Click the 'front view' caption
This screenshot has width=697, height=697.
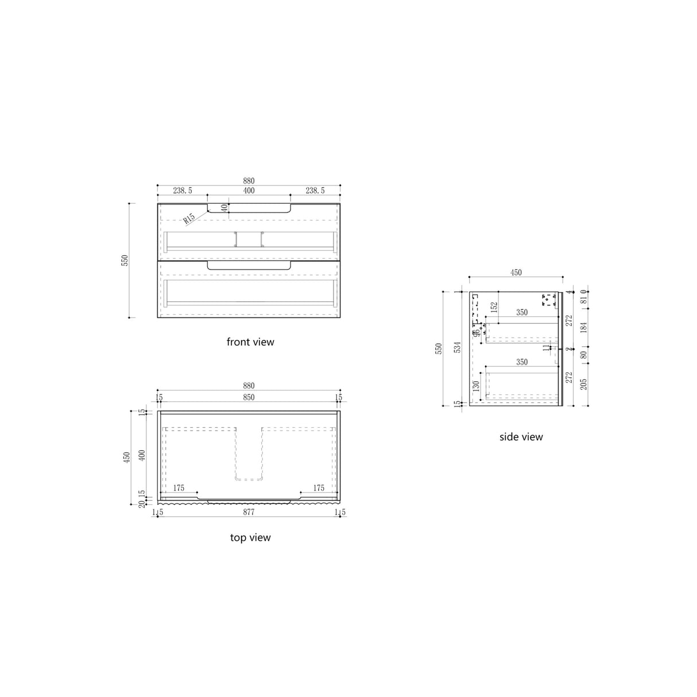[250, 342]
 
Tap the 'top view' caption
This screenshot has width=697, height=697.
[250, 538]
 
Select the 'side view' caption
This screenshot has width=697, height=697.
[521, 437]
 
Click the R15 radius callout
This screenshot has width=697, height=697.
[189, 219]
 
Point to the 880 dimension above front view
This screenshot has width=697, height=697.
[249, 181]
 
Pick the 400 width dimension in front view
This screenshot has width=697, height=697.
[249, 191]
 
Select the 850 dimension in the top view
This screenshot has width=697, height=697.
[249, 397]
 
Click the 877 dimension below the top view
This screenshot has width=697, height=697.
[249, 512]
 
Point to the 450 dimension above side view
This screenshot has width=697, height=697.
[516, 273]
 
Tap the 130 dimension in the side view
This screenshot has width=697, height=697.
[477, 386]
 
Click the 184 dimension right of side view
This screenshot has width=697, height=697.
[583, 328]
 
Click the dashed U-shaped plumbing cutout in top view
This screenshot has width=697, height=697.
[249, 454]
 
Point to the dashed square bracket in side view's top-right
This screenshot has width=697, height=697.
[549, 299]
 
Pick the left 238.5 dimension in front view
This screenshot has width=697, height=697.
[183, 191]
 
